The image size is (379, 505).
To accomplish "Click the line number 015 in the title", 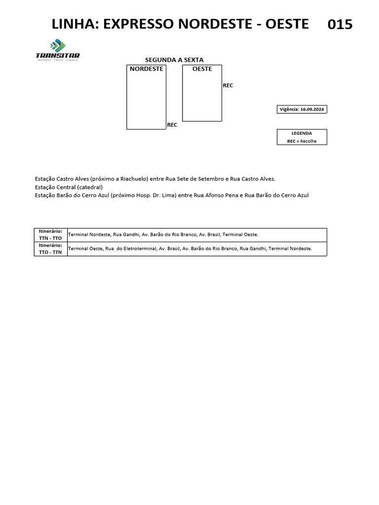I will (340, 24).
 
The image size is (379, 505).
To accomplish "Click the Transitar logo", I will (58, 50).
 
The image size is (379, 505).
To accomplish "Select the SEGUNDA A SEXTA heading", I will (174, 60).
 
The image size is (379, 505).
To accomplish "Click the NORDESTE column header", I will (146, 69).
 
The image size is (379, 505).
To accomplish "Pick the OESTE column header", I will (202, 69).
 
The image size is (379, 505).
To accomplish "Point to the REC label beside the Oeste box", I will (228, 86).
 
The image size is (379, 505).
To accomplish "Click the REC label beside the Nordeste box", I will (172, 125).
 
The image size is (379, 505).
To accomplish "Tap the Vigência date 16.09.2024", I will (312, 109).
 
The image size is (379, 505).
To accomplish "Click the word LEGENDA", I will (302, 133).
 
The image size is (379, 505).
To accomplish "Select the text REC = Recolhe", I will (302, 141).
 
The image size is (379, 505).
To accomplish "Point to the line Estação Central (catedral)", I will (69, 187).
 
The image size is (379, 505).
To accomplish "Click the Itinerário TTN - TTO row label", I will (50, 235).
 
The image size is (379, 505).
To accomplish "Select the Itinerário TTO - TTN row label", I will (50, 249).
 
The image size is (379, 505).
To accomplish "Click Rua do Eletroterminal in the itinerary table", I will (130, 249).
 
